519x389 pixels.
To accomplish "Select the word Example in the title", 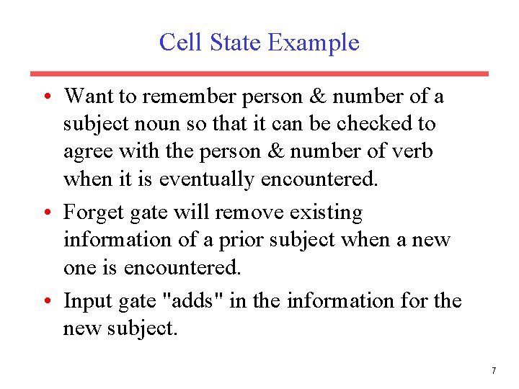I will click(x=314, y=43).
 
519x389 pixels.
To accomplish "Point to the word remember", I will click(x=194, y=96).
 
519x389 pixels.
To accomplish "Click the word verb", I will click(x=412, y=151).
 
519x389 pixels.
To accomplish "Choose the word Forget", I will click(x=91, y=213).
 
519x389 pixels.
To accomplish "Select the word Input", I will click(x=85, y=300).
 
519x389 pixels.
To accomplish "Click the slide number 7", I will click(x=493, y=371).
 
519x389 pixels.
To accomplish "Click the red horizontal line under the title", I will click(x=259, y=73).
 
